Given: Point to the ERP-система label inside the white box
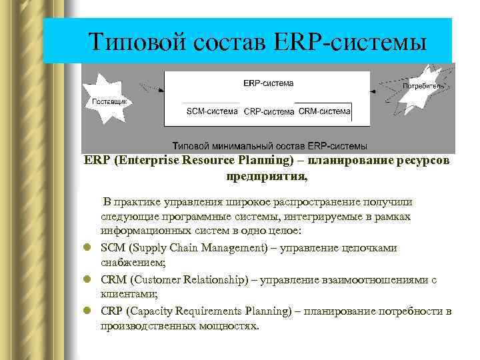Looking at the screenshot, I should [x=267, y=83].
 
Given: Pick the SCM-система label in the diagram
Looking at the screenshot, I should [x=211, y=111].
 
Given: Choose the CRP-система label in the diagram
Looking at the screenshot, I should [x=267, y=111].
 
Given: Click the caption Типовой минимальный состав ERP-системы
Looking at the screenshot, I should [x=269, y=145].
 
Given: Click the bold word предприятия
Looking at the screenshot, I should [x=266, y=177].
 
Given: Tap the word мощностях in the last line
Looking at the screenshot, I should [x=225, y=326].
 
